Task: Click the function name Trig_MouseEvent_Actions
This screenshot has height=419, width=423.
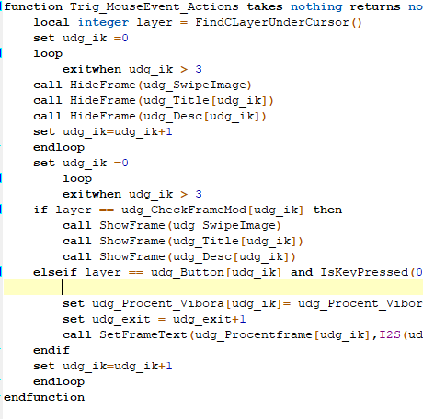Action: pos(154,6)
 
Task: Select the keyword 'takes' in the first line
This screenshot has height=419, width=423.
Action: pos(265,6)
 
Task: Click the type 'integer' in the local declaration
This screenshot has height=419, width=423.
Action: pos(104,22)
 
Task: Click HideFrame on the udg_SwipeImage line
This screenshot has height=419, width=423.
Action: pos(103,85)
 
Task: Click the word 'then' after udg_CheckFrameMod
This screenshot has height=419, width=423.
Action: pos(327,209)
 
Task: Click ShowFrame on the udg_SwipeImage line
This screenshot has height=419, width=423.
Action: pos(132,225)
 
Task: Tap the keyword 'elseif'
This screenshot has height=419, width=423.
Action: pos(55,272)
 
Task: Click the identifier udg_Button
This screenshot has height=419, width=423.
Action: pos(188,272)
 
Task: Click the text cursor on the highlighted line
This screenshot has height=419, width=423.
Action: pos(62,288)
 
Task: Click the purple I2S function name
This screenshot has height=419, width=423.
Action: pos(390,334)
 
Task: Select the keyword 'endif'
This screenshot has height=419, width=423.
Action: pos(51,350)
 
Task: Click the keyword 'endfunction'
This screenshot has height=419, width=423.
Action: pos(44,397)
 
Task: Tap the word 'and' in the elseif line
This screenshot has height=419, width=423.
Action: pos(302,272)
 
